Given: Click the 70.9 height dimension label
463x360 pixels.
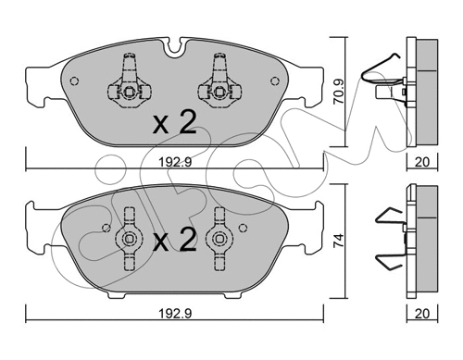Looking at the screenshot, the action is click(340, 92).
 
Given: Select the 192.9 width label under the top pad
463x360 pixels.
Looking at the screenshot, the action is click(175, 162).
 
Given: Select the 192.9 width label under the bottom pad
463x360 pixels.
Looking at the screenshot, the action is click(175, 313).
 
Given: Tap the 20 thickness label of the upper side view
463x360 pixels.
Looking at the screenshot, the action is click(422, 162).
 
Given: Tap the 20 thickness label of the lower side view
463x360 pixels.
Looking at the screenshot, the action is click(422, 313).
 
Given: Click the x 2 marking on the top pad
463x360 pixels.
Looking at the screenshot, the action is click(175, 123).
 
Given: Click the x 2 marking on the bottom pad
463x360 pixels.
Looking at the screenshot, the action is click(175, 240).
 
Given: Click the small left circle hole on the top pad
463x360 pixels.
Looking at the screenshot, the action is click(74, 81).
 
